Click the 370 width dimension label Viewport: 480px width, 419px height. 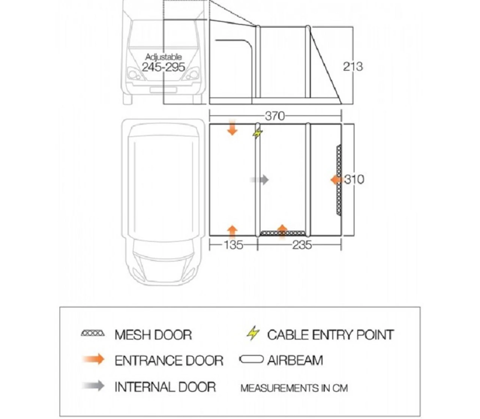(x=275, y=116)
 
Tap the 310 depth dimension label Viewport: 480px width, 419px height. (x=354, y=179)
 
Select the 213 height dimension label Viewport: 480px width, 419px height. (x=353, y=66)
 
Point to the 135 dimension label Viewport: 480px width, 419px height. (x=233, y=245)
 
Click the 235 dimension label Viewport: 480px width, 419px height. (x=302, y=245)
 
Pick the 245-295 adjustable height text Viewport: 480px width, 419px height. (x=163, y=67)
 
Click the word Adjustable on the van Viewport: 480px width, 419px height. (x=163, y=57)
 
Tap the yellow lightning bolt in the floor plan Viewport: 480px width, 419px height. (x=258, y=133)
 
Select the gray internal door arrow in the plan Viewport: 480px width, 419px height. (x=259, y=180)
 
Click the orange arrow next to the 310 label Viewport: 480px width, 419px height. (x=337, y=180)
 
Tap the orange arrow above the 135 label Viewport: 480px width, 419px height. (x=232, y=231)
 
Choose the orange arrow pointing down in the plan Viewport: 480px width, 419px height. (x=232, y=128)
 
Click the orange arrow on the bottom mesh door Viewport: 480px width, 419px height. (x=282, y=230)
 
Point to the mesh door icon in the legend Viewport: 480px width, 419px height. (x=93, y=333)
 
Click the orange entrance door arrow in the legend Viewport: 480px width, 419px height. (x=94, y=359)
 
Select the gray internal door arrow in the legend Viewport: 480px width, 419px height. (x=94, y=386)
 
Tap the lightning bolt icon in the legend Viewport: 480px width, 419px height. (x=253, y=333)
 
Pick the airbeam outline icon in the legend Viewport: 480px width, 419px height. (x=251, y=360)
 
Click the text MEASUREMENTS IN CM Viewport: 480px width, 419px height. (x=294, y=388)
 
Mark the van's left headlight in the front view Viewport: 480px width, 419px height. (x=133, y=74)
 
